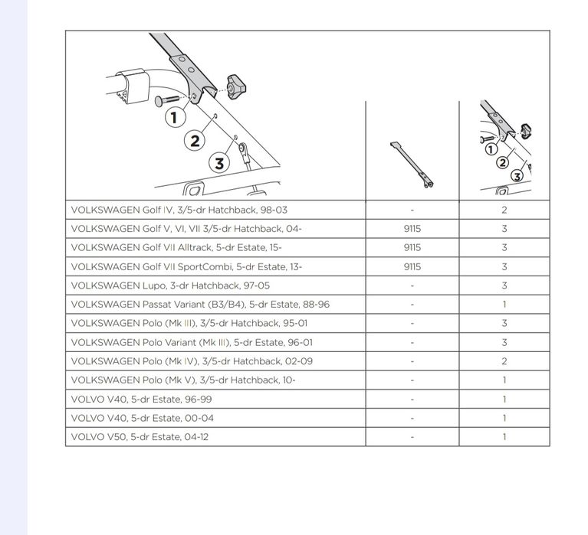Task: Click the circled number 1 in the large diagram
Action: pyautogui.click(x=175, y=117)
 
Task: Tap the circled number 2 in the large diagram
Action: pyautogui.click(x=195, y=139)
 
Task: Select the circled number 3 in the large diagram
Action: pyautogui.click(x=220, y=163)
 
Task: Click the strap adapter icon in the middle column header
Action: pyautogui.click(x=412, y=165)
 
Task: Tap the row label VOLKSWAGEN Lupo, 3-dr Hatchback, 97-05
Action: pyautogui.click(x=170, y=285)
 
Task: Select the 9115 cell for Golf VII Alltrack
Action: pyautogui.click(x=412, y=247)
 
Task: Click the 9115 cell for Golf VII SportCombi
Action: pyautogui.click(x=412, y=266)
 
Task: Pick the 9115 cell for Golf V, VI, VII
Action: pyautogui.click(x=412, y=228)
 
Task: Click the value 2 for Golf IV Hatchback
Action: pyautogui.click(x=504, y=210)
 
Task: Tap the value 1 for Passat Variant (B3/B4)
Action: pyautogui.click(x=504, y=304)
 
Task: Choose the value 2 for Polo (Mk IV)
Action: pyautogui.click(x=504, y=361)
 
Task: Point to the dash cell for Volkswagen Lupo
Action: pyautogui.click(x=412, y=285)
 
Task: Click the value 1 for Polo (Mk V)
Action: pyautogui.click(x=504, y=380)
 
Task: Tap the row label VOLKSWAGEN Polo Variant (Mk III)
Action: pyautogui.click(x=192, y=342)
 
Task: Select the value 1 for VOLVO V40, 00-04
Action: pyautogui.click(x=504, y=418)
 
